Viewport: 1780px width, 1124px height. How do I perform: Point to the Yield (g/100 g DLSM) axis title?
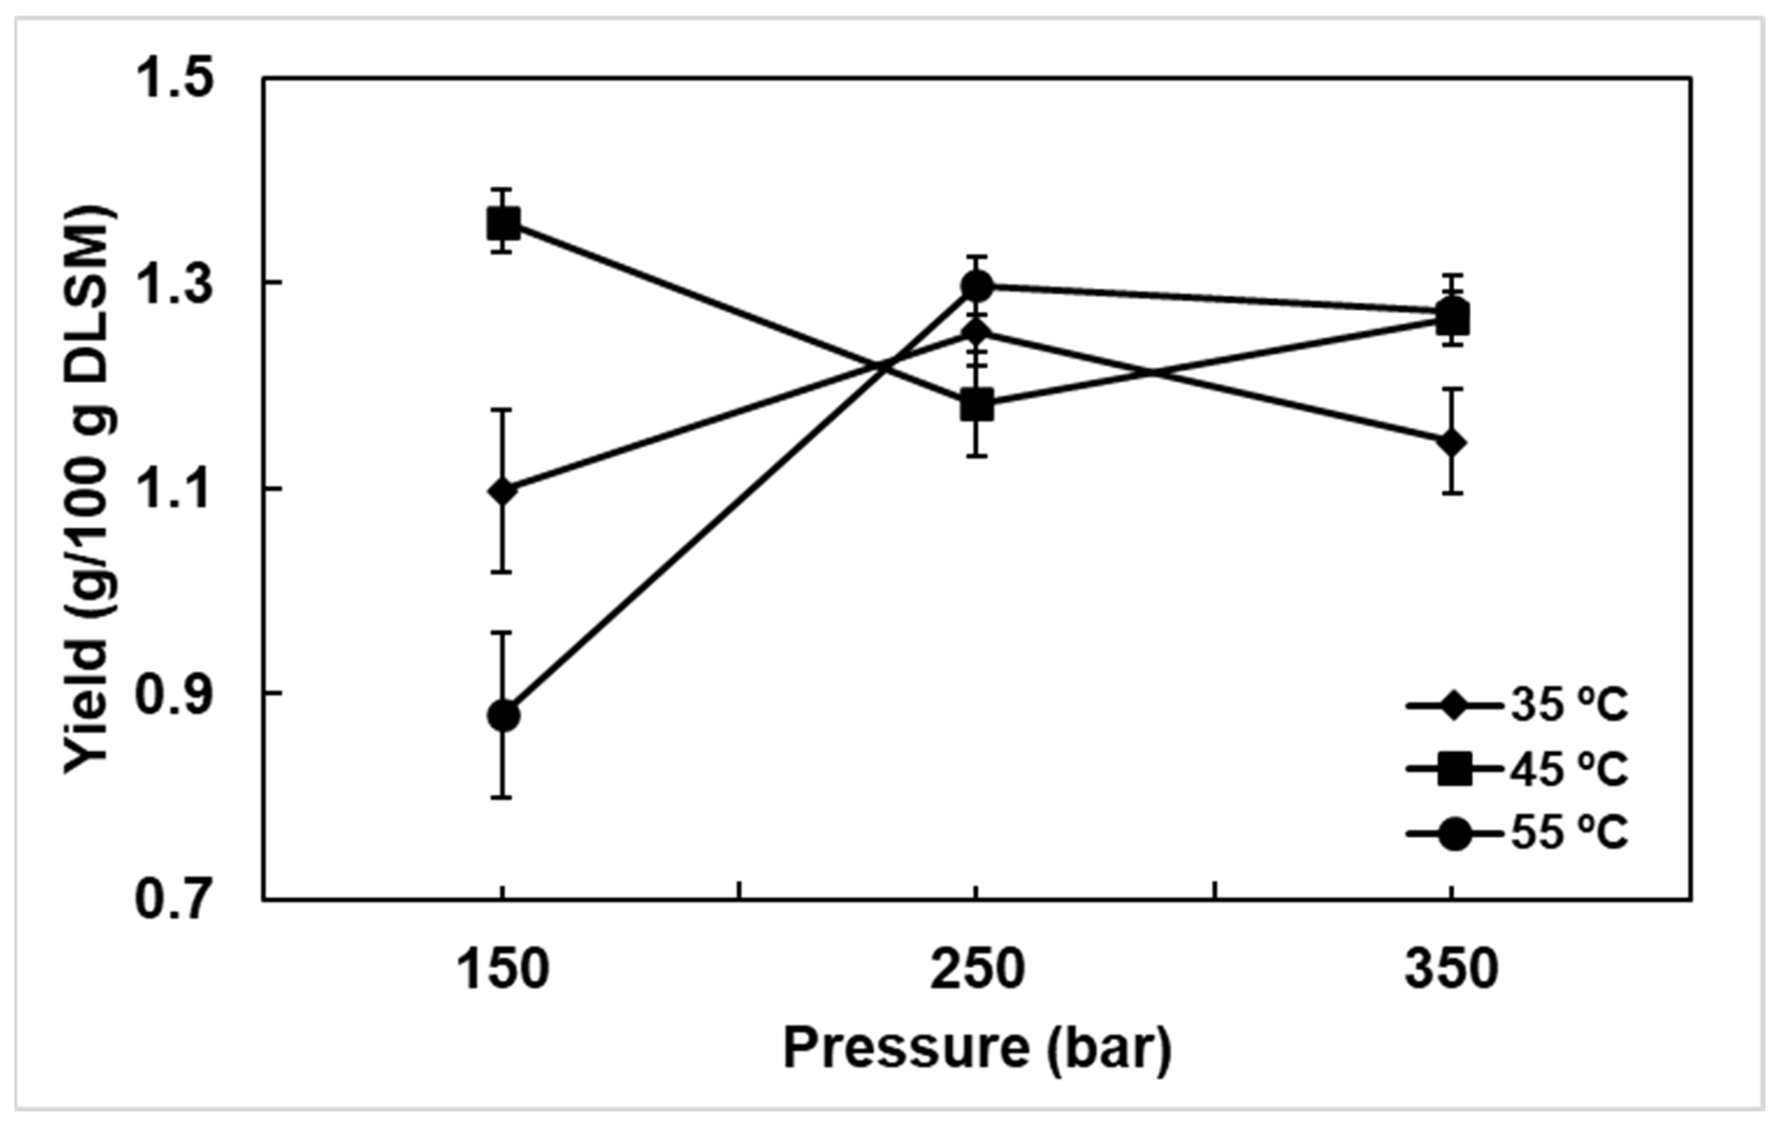[90, 488]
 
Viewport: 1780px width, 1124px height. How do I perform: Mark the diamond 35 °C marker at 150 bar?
[503, 491]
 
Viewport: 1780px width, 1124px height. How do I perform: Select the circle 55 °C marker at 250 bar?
[977, 285]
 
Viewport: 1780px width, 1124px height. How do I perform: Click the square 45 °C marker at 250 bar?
[977, 404]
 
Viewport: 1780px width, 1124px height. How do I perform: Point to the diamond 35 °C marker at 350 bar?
[1452, 443]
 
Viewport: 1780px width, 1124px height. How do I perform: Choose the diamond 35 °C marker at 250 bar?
[977, 332]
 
